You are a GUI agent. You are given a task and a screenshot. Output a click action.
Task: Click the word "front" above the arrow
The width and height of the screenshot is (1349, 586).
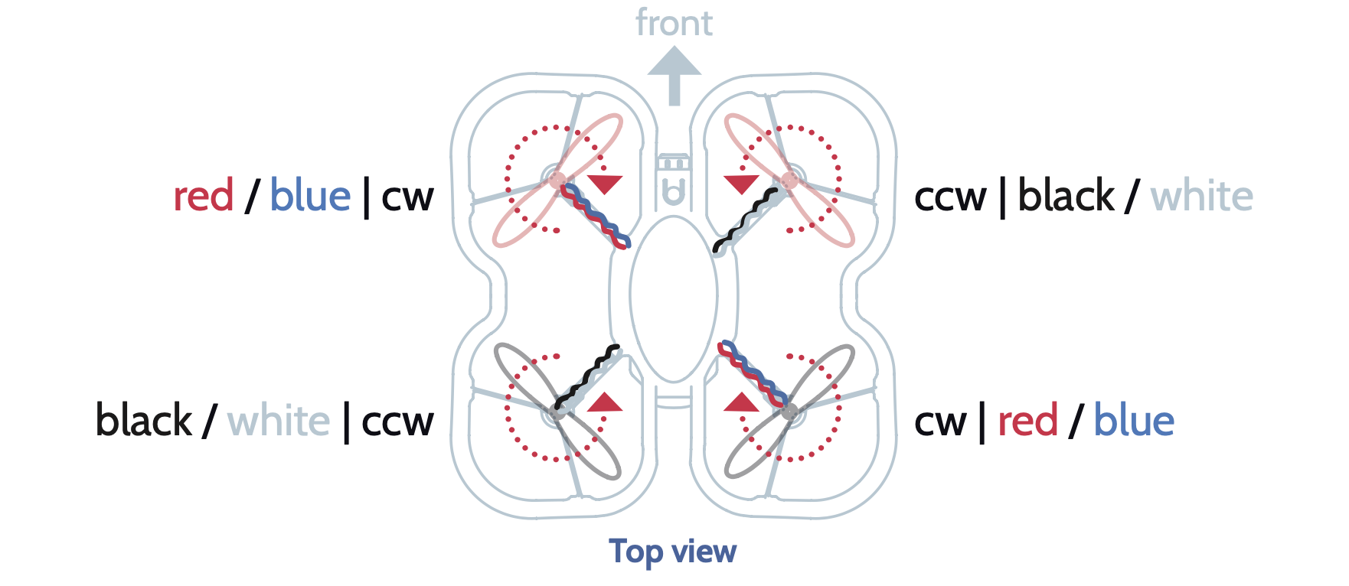674,23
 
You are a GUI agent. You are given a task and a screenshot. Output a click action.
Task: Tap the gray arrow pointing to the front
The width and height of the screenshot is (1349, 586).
674,74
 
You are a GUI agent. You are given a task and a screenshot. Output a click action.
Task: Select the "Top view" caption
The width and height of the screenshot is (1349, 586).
672,551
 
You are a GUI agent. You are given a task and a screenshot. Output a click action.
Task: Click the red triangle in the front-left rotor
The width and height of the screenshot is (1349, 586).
605,184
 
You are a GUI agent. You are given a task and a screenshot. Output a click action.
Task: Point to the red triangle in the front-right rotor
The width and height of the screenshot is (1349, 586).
741,184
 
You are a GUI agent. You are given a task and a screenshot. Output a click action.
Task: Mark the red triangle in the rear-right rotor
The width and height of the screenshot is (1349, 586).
741,403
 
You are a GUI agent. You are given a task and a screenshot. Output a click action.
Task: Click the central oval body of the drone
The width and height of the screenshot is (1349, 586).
674,298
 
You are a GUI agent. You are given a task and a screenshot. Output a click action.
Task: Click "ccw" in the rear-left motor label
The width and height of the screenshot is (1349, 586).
397,422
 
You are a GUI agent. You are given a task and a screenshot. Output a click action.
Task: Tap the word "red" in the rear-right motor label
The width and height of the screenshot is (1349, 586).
1027,422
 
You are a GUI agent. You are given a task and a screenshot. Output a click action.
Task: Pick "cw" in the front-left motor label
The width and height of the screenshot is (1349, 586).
407,197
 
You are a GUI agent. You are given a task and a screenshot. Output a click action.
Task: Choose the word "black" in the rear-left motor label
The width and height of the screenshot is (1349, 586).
144,421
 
